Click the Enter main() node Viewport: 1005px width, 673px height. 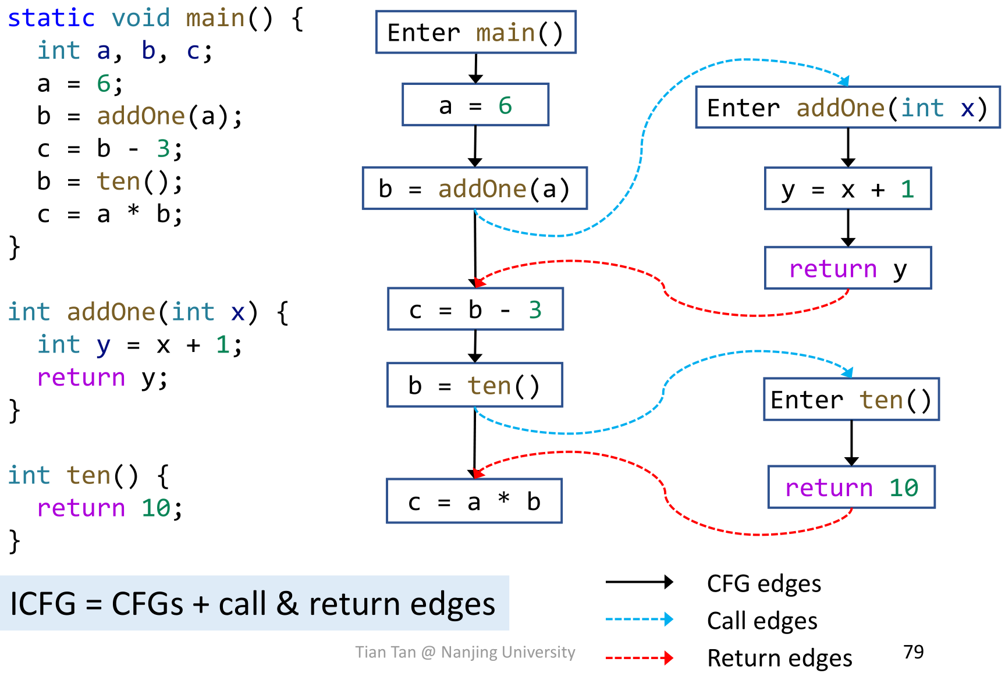475,32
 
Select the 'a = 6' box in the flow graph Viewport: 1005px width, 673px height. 475,105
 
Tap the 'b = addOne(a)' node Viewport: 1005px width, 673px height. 474,188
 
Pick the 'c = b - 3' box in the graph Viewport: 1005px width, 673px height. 475,309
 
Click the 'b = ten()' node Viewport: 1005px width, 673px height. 474,385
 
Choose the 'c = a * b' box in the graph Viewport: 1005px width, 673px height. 474,501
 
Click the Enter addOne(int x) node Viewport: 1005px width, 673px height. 847,107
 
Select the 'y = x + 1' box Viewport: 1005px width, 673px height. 847,188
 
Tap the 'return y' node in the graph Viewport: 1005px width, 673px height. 847,268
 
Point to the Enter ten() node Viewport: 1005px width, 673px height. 851,399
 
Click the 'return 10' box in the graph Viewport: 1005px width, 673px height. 851,487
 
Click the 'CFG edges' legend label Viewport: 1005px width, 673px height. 763,583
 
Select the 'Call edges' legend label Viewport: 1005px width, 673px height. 762,621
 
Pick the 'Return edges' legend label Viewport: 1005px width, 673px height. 779,658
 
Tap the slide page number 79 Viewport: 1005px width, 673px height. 913,651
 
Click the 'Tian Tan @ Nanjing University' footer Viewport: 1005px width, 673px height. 465,652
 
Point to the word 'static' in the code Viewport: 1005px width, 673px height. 51,18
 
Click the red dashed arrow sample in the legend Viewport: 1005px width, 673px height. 638,658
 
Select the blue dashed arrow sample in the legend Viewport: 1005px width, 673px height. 638,619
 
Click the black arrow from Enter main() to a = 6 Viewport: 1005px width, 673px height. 475,68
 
